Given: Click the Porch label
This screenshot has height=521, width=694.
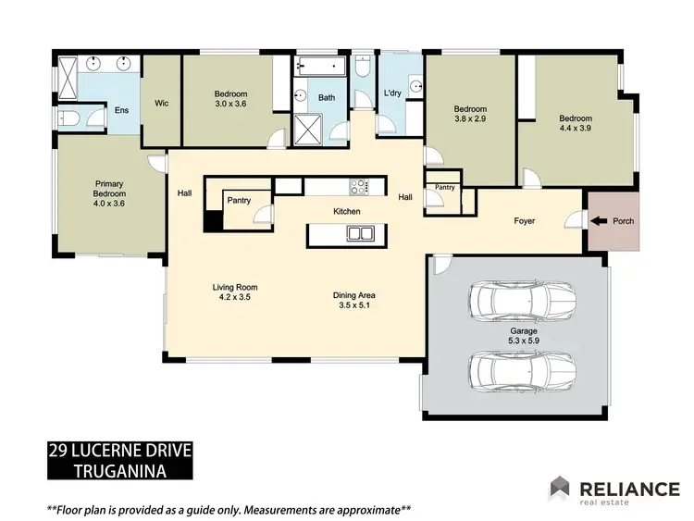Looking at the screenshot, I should point(624,221).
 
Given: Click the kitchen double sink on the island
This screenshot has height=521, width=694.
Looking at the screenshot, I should point(357,234).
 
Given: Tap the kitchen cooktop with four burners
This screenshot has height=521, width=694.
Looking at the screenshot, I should point(358,187).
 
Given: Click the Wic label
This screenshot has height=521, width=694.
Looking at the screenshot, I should point(160,103).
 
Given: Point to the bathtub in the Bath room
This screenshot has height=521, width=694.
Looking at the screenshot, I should point(320,67).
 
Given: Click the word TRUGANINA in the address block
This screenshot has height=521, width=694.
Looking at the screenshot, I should point(120,471).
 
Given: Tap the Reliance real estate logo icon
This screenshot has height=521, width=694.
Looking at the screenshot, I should point(561,489).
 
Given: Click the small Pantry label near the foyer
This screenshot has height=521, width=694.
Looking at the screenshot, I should point(445,188).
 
